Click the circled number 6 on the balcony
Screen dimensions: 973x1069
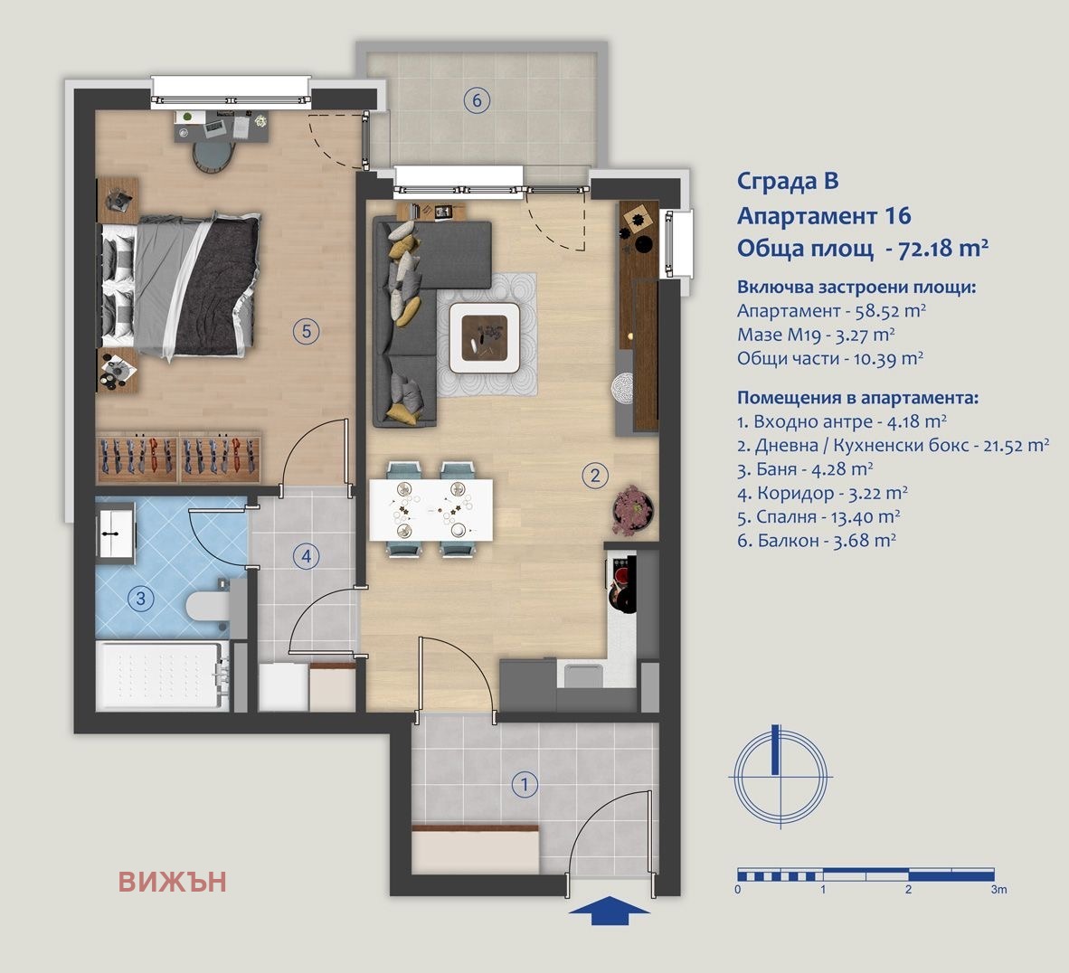[478, 99]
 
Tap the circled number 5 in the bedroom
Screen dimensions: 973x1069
[307, 332]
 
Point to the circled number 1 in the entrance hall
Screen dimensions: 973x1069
[524, 784]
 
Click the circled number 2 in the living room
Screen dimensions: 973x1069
[594, 476]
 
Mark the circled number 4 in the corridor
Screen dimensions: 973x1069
[307, 555]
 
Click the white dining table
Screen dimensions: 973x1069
[431, 510]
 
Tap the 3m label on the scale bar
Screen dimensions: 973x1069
[998, 890]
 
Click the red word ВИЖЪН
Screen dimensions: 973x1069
[172, 882]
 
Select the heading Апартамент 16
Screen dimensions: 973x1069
[823, 215]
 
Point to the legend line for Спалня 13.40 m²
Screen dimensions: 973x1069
[818, 516]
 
